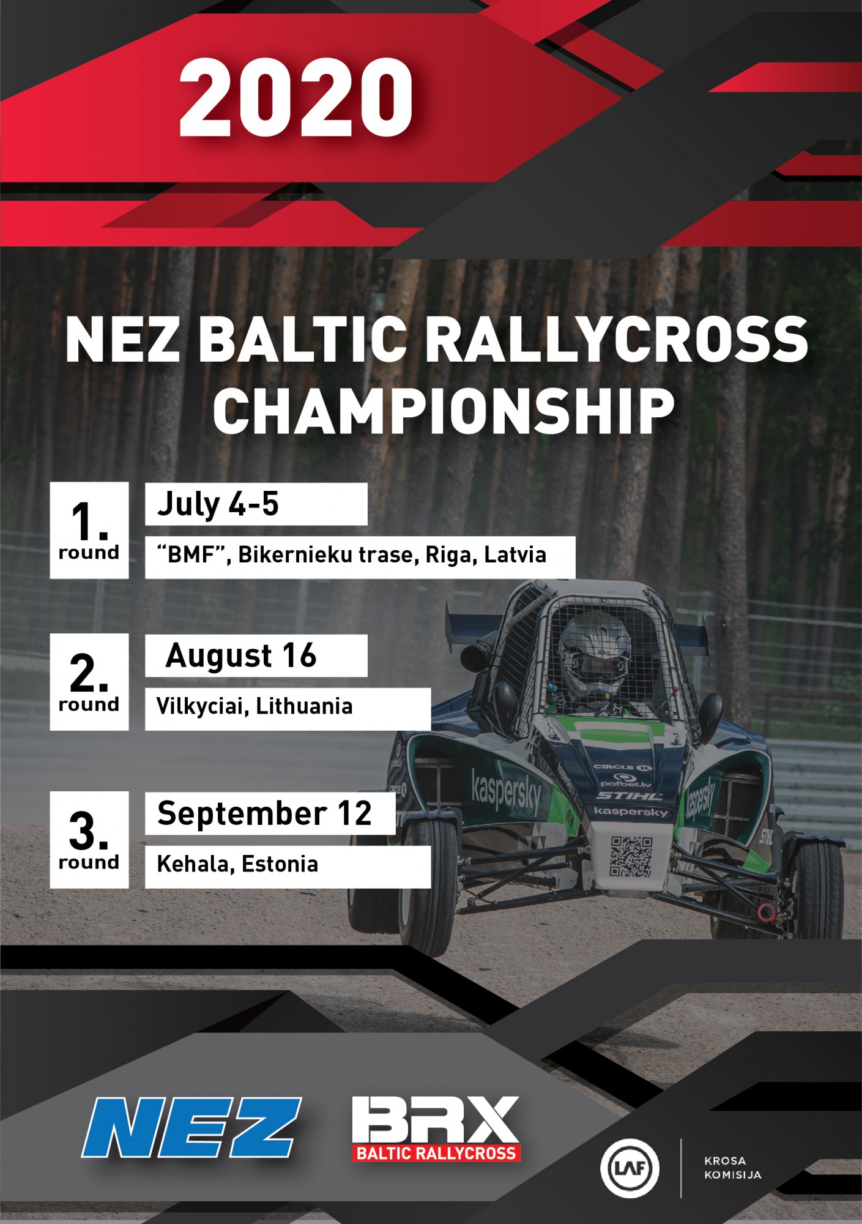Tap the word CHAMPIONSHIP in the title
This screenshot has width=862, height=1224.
pos(444,411)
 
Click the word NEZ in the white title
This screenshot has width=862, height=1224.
pos(122,340)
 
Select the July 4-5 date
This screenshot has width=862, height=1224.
pos(218,504)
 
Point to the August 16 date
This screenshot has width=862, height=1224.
pos(241,656)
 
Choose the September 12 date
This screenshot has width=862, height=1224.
pos(264,813)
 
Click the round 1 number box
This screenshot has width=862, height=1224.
pos(89,530)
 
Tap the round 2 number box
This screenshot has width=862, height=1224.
pos(89,682)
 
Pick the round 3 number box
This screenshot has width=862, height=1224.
pos(89,840)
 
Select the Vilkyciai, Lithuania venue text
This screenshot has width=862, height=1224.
pos(255,707)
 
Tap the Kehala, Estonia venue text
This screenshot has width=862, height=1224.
pos(237,864)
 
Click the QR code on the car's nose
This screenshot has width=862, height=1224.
pos(631,857)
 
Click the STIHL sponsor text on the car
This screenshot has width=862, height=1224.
pos(629,796)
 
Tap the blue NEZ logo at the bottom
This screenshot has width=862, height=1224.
pos(191,1127)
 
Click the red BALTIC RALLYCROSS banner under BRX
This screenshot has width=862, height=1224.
pos(436,1154)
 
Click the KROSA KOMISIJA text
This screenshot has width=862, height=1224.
pos(732,1168)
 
